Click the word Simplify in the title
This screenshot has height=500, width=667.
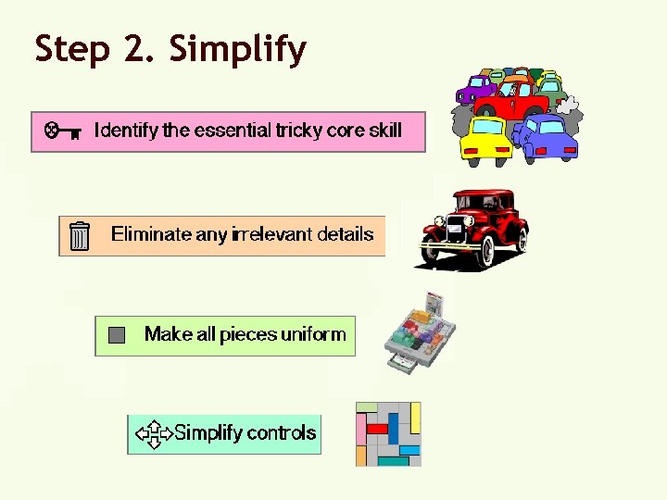point(237,49)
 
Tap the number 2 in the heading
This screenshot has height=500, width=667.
point(135,49)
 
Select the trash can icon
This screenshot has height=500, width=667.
point(81,236)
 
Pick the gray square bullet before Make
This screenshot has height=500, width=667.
point(116,335)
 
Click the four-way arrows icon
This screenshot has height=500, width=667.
point(153,433)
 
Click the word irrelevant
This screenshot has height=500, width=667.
point(271,234)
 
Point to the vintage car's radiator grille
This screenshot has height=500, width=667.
point(435,230)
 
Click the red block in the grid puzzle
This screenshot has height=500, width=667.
point(377,429)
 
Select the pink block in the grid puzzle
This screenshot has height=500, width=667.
point(361,430)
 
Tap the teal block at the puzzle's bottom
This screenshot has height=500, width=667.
point(393,460)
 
